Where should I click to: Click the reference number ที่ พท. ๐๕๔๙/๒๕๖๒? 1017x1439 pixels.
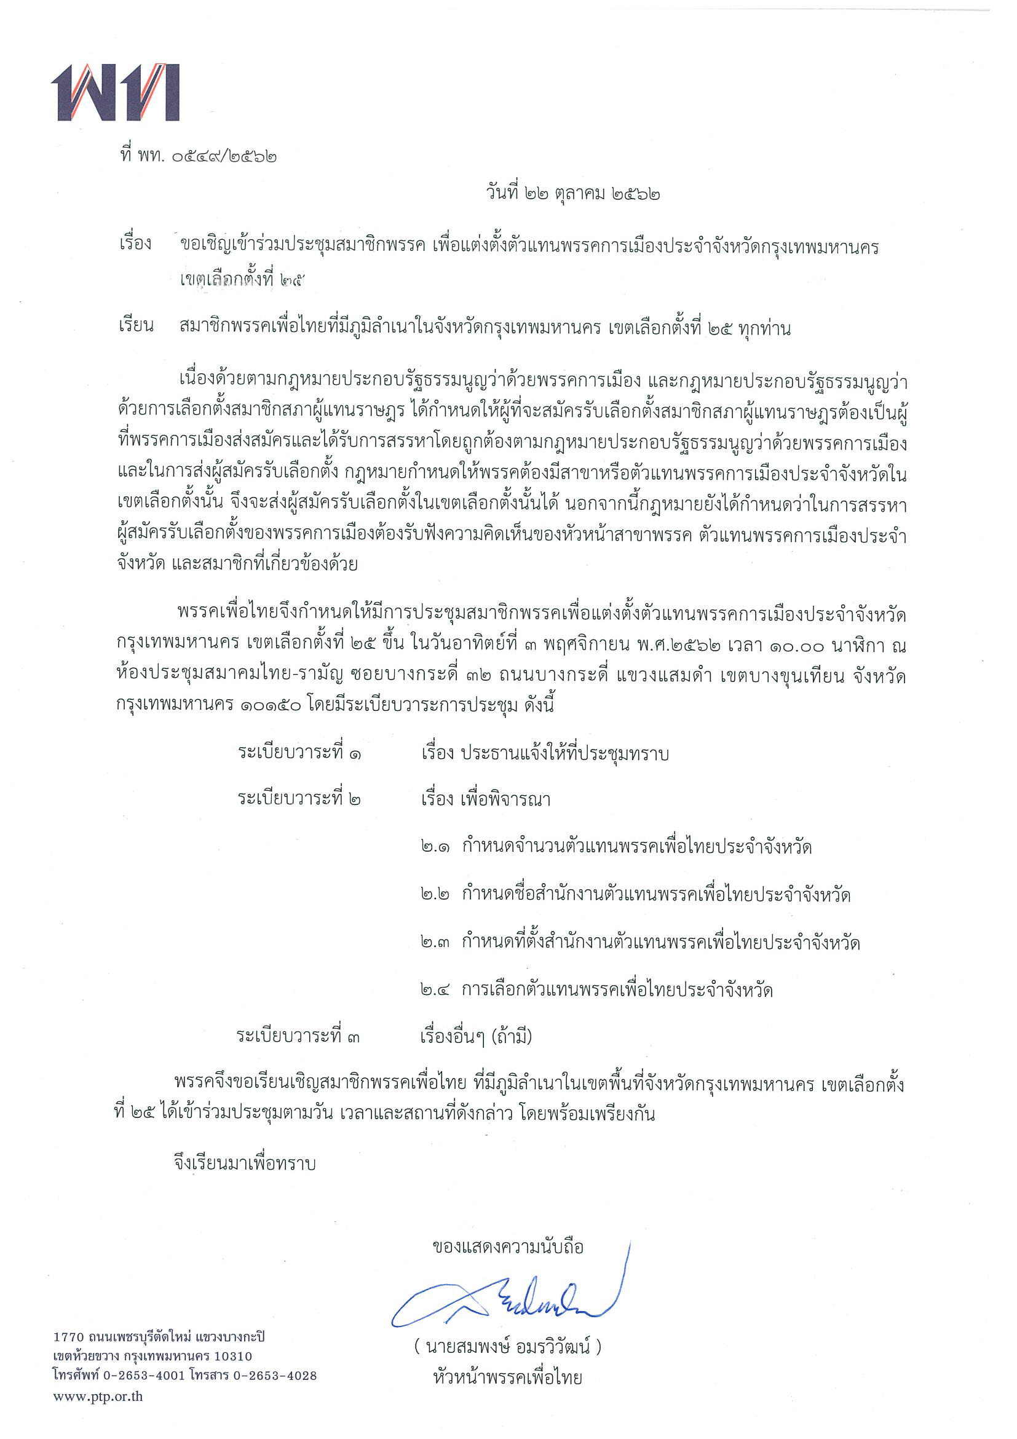[197, 156]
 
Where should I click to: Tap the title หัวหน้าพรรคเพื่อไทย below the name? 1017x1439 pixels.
[507, 1378]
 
